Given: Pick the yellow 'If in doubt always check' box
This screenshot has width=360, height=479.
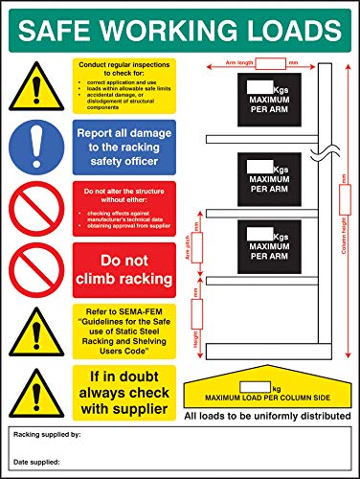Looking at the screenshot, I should tap(124, 393).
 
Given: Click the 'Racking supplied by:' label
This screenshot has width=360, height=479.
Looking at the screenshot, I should tap(47, 435).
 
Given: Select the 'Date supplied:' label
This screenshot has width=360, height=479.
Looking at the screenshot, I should tap(37, 463).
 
